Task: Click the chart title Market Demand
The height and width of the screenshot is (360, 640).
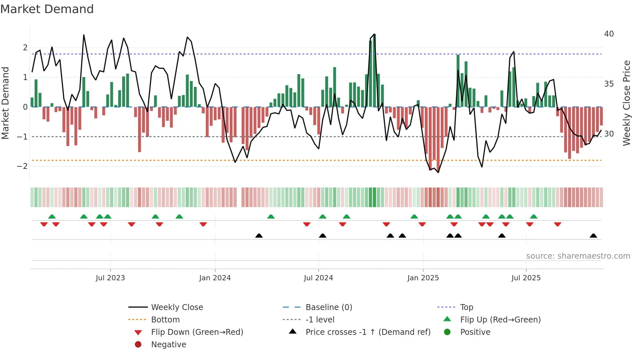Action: coord(47,9)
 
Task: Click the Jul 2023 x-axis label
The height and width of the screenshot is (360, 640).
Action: coord(110,278)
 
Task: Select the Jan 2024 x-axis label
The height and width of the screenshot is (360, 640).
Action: coord(215,278)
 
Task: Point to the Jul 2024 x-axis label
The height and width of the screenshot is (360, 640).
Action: coord(318,278)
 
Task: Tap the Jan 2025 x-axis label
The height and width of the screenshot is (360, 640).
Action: coord(423,278)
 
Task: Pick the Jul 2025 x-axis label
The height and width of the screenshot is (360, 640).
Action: coord(526,278)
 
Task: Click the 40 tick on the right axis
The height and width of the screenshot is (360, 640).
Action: coord(609,34)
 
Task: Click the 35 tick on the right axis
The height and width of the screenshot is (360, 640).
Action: coord(609,84)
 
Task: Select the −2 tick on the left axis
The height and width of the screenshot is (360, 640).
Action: coord(23,166)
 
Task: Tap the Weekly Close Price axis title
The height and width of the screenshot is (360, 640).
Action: coord(627,103)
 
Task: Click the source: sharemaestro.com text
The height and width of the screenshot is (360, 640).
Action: coord(578,256)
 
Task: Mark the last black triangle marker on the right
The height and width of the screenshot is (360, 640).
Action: coord(594,236)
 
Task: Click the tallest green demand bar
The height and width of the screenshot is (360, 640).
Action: coord(374,70)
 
